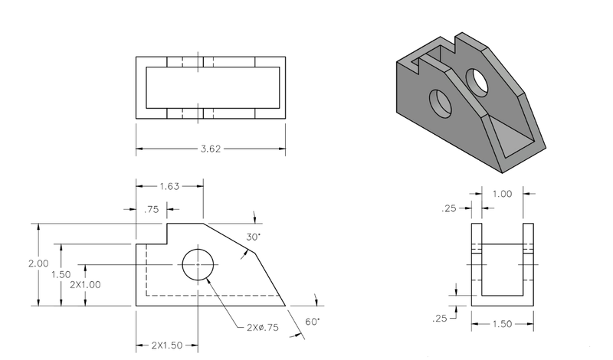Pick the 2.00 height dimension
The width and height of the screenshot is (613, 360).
click(x=38, y=263)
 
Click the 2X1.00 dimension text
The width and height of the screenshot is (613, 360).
click(x=86, y=284)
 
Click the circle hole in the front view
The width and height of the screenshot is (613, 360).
click(x=197, y=264)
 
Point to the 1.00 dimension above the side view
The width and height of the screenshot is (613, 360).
click(x=502, y=195)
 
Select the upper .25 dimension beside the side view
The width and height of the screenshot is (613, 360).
click(x=451, y=208)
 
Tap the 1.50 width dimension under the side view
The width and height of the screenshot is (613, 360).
click(x=503, y=325)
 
